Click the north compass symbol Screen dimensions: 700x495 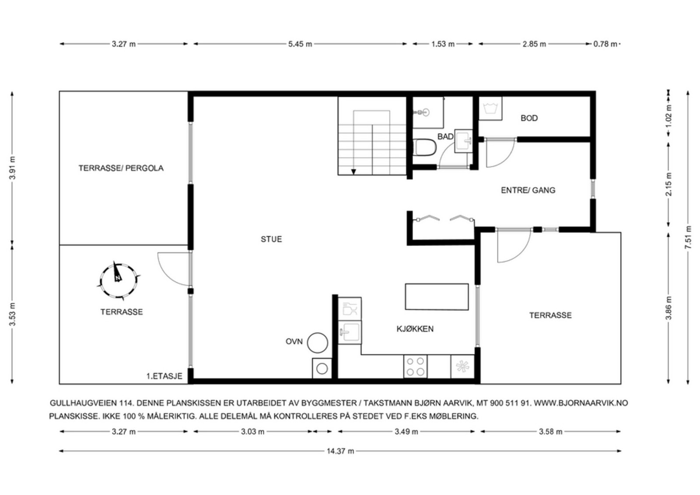tap(118, 281)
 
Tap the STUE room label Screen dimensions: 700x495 tap(271, 239)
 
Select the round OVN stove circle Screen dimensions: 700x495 tap(318, 343)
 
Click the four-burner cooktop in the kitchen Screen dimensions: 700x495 tap(415, 366)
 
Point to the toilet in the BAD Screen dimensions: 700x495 tap(424, 147)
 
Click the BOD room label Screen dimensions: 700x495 tap(529, 118)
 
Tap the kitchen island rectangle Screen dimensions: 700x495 tap(437, 296)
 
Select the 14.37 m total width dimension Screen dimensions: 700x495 tap(340, 451)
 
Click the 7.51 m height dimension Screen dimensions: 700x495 tap(688, 237)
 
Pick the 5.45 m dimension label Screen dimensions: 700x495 tap(300, 44)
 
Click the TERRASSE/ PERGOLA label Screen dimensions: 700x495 tap(121, 168)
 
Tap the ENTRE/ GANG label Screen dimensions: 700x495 tap(528, 190)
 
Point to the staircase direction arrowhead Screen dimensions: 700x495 tap(353, 172)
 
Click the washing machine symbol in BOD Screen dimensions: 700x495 tap(490, 108)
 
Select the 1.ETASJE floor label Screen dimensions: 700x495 tap(164, 376)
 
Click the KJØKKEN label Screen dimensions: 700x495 tap(415, 329)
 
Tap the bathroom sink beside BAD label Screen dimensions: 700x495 tap(463, 141)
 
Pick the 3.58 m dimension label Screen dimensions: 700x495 tap(551, 432)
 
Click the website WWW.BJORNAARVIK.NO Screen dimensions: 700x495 tap(581, 403)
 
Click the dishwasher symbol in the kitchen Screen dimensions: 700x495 tap(350, 309)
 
